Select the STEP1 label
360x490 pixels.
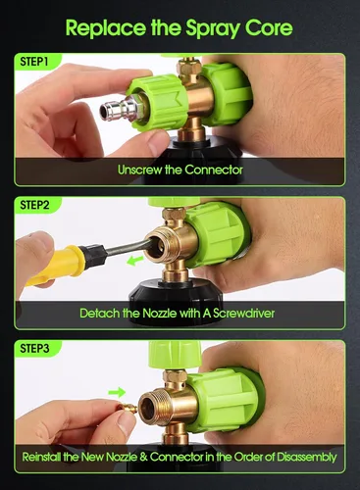34,62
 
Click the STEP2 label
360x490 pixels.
34,205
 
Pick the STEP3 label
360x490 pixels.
34,348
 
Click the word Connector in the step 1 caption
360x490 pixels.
214,170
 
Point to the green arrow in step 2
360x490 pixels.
135,261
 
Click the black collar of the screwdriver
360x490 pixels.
94,256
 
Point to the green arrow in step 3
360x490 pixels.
117,392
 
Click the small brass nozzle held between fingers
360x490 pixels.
128,408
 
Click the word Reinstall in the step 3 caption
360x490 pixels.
41,457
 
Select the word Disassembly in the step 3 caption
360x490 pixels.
307,457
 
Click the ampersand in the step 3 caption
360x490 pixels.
143,457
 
